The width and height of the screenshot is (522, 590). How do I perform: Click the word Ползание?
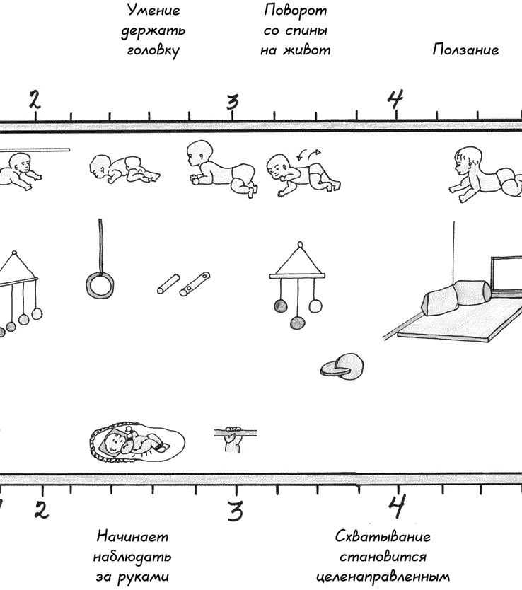[x=465, y=50]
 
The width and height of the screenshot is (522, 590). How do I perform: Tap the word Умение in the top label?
[x=153, y=11]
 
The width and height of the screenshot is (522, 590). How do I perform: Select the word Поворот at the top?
[x=297, y=11]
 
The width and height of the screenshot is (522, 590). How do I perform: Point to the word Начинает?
[x=133, y=536]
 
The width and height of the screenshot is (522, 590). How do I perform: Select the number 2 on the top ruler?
[x=34, y=100]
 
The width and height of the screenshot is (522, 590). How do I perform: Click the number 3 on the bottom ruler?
[x=236, y=508]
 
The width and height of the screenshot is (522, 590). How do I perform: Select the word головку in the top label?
[x=153, y=50]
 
